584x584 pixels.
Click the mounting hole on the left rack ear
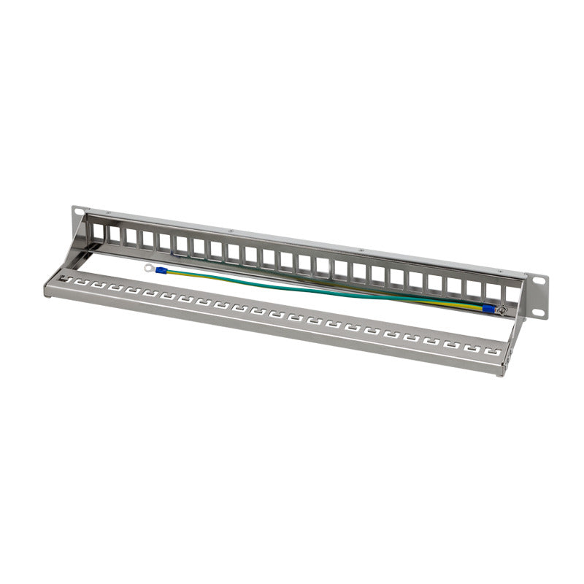tap(78, 213)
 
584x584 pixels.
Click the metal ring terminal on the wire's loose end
tap(149, 268)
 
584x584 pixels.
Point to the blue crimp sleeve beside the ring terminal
tap(162, 272)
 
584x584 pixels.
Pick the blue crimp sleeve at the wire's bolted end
tap(488, 308)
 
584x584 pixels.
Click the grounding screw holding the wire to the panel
tap(502, 310)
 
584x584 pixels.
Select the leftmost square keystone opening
tap(96, 231)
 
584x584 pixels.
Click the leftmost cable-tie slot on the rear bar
tap(66, 280)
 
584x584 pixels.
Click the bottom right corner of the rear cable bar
tap(502, 373)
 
